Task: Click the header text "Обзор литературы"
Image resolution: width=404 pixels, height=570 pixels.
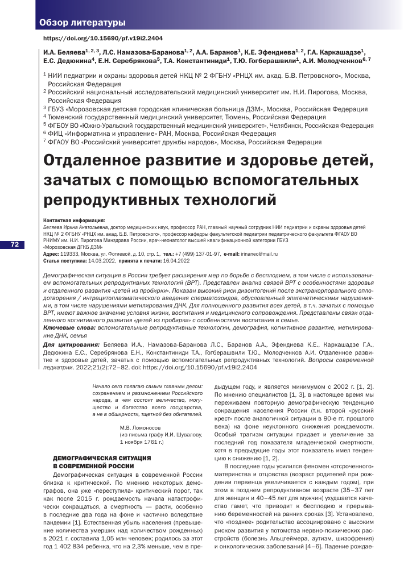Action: pyautogui.click(x=83, y=23)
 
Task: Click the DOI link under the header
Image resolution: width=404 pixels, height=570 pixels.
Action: pyautogui.click(x=103, y=38)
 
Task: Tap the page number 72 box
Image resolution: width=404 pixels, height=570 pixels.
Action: pyautogui.click(x=15, y=244)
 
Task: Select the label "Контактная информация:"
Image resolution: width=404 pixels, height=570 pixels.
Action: pyautogui.click(x=74, y=219)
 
